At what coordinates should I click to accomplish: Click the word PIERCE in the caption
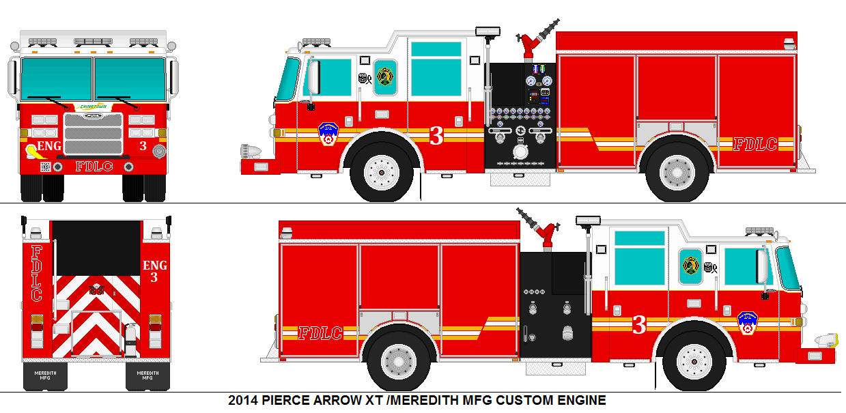[290, 400]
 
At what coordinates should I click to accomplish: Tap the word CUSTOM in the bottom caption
[525, 400]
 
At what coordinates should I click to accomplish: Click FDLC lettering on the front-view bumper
[94, 166]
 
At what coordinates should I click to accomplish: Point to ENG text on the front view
[48, 146]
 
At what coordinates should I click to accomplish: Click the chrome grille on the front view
[94, 134]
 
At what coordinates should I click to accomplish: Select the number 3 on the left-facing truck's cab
[436, 137]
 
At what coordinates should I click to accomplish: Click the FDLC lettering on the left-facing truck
[755, 144]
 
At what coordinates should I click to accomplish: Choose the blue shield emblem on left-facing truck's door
[328, 134]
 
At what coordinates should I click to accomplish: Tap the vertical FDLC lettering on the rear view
[37, 273]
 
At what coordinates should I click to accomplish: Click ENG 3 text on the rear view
[154, 271]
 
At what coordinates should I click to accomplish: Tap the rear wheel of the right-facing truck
[398, 359]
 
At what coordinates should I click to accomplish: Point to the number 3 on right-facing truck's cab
[639, 326]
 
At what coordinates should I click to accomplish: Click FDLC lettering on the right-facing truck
[320, 333]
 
